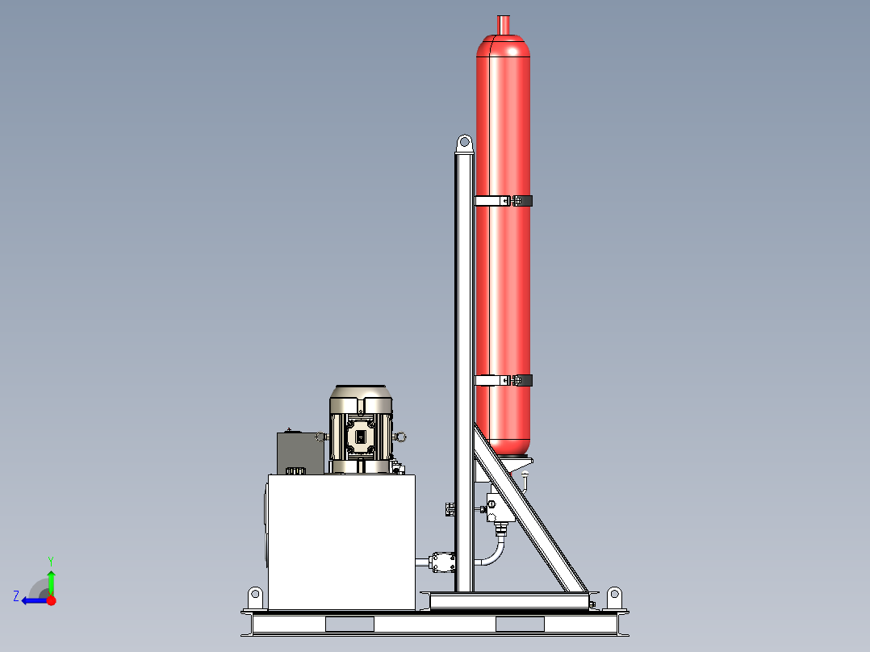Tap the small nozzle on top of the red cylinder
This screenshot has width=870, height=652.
coord(504,25)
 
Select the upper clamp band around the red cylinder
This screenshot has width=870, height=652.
coord(504,200)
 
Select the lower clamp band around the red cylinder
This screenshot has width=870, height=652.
coord(504,380)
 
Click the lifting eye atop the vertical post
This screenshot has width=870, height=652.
coord(464,144)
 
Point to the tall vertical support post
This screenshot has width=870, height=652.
coord(463,363)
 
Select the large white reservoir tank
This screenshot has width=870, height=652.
coord(341,541)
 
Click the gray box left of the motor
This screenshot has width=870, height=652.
coord(299,452)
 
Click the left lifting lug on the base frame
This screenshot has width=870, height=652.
coord(255,597)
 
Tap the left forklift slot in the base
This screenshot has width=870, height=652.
coord(349,624)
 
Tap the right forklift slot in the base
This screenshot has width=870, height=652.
coord(521,624)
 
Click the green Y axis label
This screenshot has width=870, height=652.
coord(50,559)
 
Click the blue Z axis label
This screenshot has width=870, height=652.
coord(16,596)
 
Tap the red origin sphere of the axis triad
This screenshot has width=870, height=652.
coord(51,600)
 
